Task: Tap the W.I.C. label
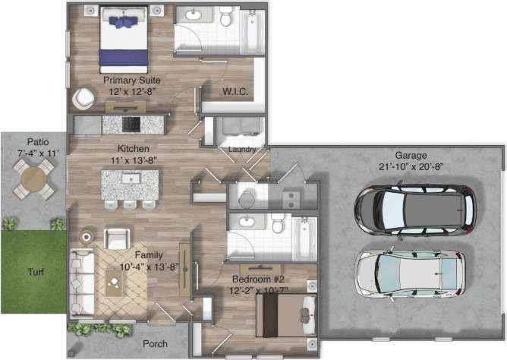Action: pos(233,92)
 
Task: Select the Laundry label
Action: pos(241,150)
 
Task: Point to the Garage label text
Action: pos(411,154)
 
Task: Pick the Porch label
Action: pos(156,343)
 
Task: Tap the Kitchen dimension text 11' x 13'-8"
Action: pos(134,160)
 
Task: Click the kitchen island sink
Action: pos(130,179)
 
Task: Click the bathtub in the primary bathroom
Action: pos(251,31)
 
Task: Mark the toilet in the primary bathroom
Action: pos(225,17)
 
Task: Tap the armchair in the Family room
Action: pos(118,238)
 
